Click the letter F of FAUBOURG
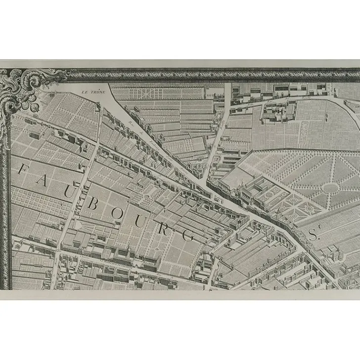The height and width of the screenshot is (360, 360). point(23,171)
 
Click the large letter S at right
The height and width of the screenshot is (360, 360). point(313,235)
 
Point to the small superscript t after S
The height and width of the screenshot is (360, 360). point(320,229)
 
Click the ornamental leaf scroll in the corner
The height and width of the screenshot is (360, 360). point(20,89)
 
